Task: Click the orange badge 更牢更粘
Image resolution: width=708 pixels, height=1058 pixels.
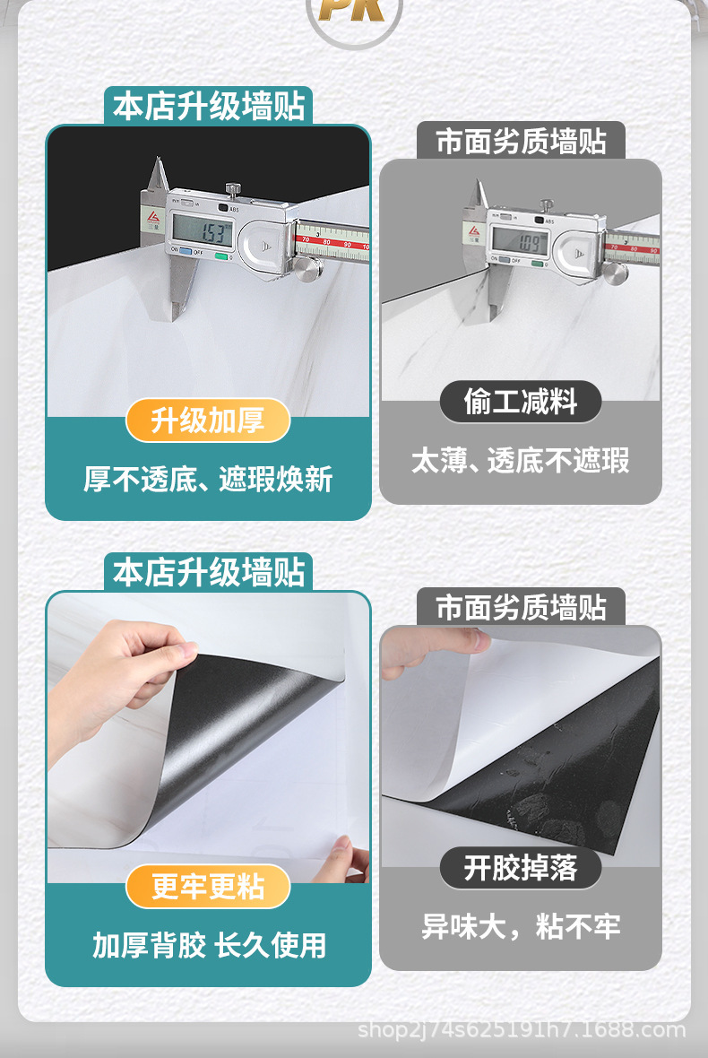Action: [208, 887]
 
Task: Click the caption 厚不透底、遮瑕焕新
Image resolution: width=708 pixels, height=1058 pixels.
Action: [208, 479]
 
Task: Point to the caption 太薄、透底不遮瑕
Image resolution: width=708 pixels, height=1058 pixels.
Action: [520, 461]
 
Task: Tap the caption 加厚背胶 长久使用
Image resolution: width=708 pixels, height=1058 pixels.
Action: [208, 944]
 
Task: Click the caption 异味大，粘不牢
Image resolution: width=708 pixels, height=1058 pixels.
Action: [520, 926]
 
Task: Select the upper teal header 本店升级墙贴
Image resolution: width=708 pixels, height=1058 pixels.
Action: [209, 107]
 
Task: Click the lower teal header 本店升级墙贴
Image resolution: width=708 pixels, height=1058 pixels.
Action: [209, 572]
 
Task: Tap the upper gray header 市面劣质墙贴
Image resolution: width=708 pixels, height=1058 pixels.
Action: [521, 142]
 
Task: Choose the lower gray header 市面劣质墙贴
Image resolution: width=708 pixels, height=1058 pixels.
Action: [521, 608]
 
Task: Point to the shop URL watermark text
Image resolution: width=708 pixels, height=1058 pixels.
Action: [522, 1029]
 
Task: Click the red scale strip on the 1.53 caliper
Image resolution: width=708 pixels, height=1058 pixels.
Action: [333, 240]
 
